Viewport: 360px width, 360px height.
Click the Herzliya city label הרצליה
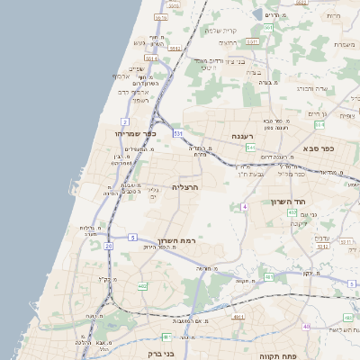[x=184, y=186]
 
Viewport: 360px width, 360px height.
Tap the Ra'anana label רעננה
[x=243, y=137]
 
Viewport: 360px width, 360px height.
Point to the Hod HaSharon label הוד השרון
[x=289, y=202]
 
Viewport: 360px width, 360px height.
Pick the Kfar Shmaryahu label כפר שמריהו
[x=138, y=133]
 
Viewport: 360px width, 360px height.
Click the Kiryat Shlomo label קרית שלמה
[x=221, y=31]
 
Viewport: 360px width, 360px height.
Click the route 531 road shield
[x=178, y=134]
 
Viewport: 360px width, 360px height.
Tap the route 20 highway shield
[x=109, y=245]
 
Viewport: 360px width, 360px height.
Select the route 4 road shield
[x=244, y=207]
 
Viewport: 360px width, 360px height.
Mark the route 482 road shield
[x=142, y=285]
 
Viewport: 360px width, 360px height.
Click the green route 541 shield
[x=250, y=147]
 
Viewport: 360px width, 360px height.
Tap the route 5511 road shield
[x=319, y=240]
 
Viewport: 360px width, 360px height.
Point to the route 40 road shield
[x=307, y=326]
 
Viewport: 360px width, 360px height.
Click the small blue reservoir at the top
[x=258, y=14]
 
